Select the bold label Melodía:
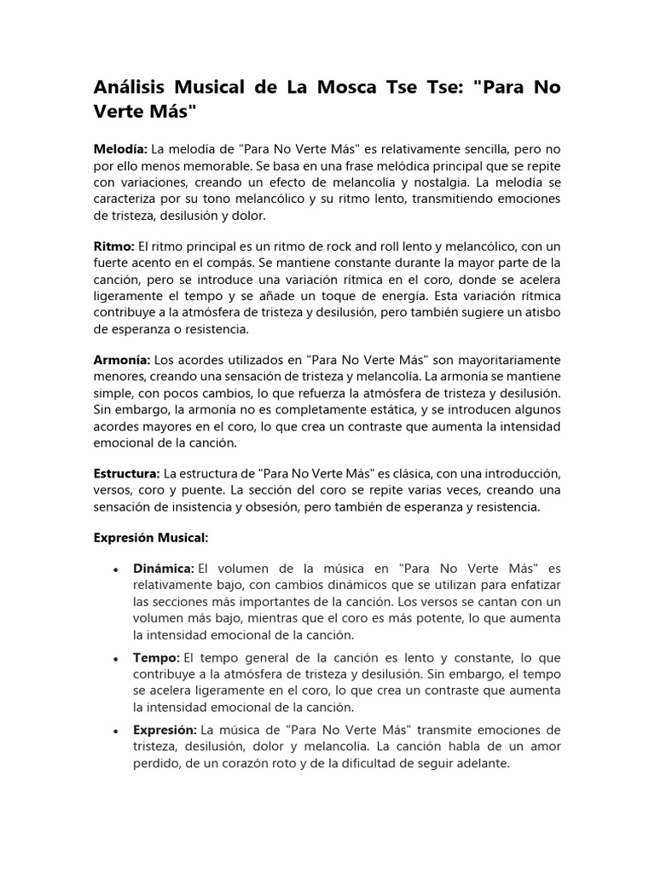coord(120,149)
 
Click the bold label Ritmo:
coord(113,245)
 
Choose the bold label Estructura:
coord(126,472)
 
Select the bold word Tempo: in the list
coord(156,659)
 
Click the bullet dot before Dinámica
coord(114,569)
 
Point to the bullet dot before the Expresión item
coord(114,731)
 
